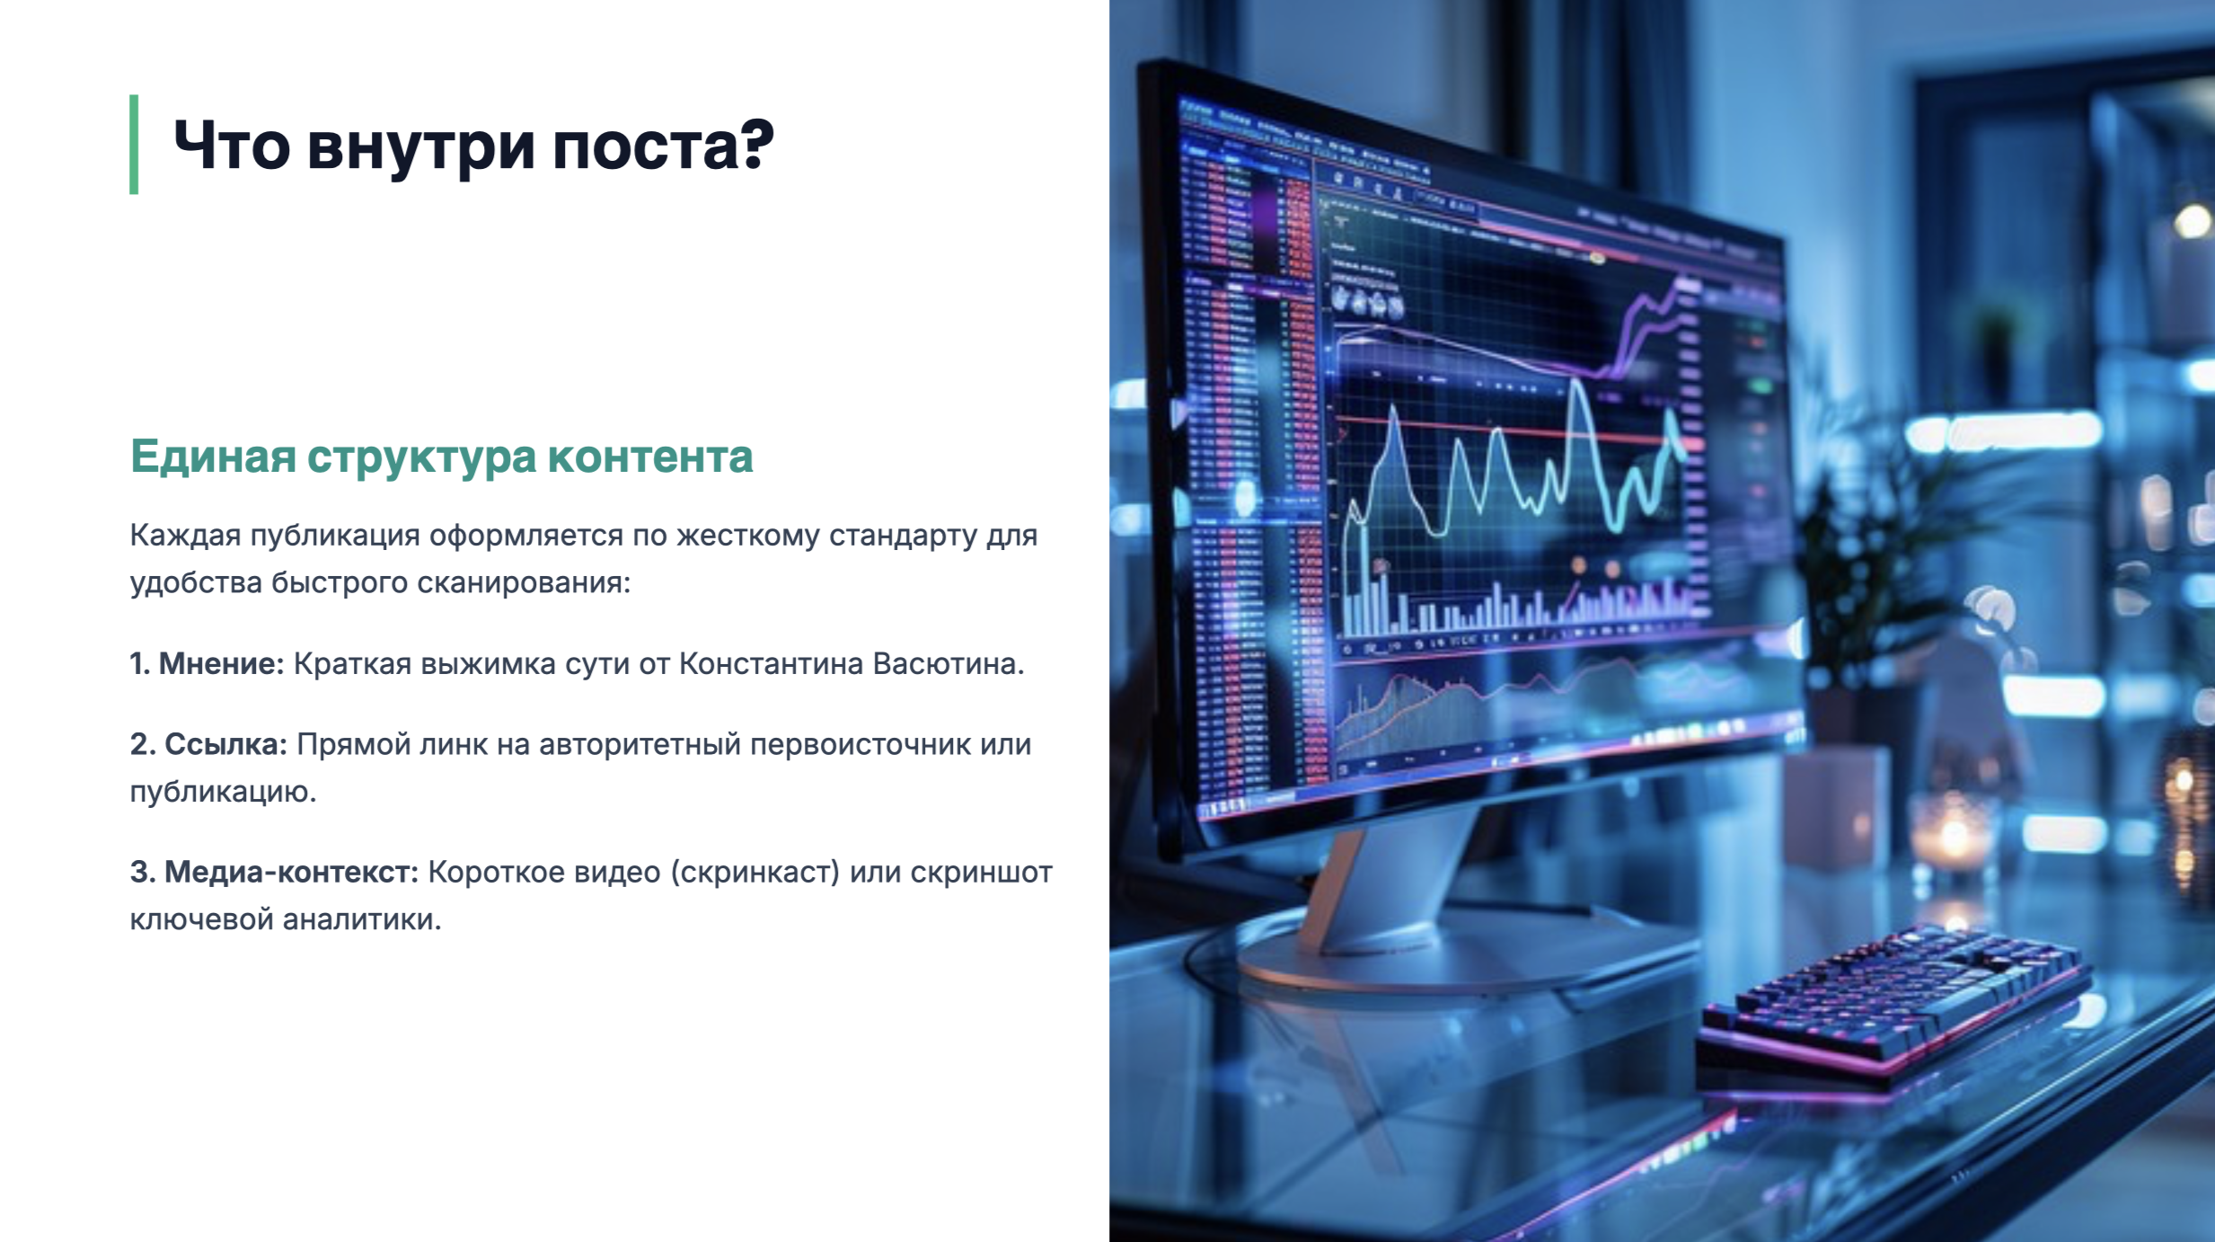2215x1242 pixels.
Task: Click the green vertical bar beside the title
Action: click(134, 144)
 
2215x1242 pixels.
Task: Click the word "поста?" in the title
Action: click(663, 146)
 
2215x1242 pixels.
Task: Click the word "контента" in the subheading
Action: click(650, 457)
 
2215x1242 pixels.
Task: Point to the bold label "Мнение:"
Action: click(221, 664)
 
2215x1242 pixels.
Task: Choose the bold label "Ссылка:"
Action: click(225, 744)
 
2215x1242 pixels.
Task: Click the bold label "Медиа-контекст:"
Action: click(291, 872)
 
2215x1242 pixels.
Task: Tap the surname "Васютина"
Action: click(948, 664)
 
